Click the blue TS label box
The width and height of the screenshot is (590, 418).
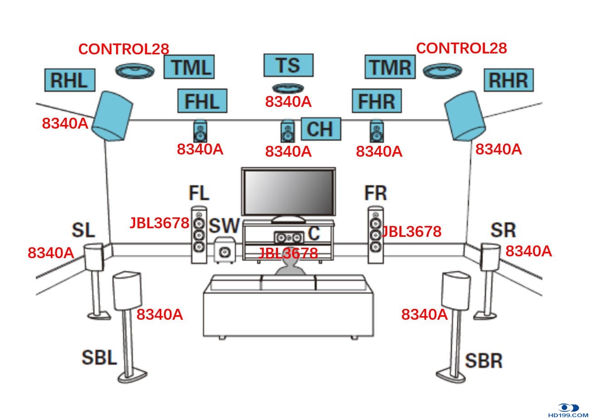coord(288,65)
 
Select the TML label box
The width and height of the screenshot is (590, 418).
coord(189,67)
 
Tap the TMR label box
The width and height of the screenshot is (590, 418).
coord(390,67)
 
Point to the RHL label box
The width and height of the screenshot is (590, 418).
coord(70,80)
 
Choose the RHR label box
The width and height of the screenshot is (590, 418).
coord(508,80)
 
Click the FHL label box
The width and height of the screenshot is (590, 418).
coord(202,101)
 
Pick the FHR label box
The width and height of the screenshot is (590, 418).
coord(377,101)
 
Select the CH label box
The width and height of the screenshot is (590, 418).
coord(321,129)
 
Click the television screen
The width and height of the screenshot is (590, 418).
coord(288,192)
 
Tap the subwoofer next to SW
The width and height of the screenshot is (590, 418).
coord(224,250)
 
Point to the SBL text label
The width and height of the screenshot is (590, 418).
coord(99,358)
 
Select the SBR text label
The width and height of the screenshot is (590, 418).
coord(483,361)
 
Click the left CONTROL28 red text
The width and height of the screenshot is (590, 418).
coord(124,49)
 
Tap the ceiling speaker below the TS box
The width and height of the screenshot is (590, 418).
coord(288,88)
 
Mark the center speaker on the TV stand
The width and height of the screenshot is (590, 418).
coord(288,237)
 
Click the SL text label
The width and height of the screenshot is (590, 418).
coord(83,230)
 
